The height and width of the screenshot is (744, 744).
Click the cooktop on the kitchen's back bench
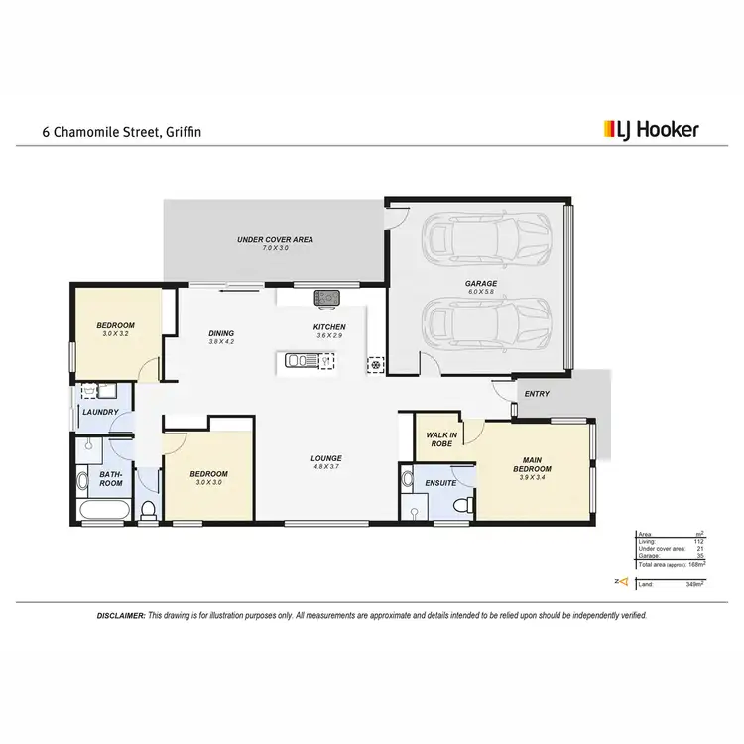(x=326, y=297)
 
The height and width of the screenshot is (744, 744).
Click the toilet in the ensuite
(x=460, y=506)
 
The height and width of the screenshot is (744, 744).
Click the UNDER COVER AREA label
(x=275, y=240)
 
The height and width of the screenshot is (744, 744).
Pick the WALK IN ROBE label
(x=439, y=439)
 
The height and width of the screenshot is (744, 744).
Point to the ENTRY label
(x=537, y=394)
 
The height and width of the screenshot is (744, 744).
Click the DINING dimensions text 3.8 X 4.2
(x=220, y=342)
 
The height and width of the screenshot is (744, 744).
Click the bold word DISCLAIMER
(x=120, y=616)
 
